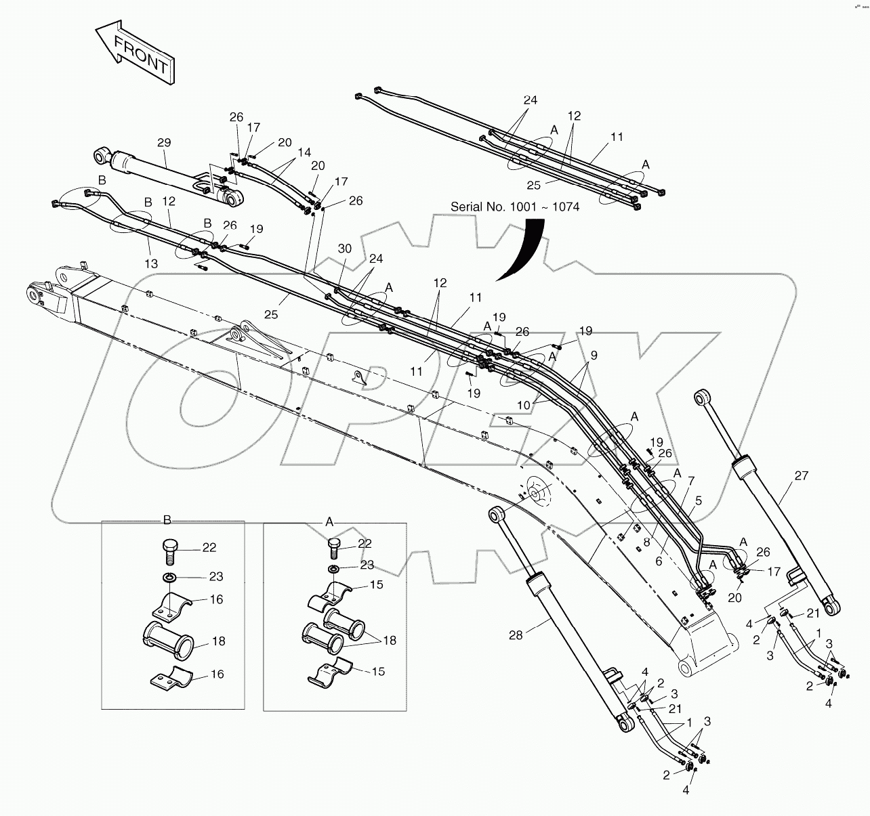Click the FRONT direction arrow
136,52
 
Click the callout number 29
164,143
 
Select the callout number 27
801,476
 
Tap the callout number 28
516,636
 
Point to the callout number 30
345,249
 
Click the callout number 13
150,263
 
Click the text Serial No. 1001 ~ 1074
515,207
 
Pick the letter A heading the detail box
330,521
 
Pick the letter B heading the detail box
167,520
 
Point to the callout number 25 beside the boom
272,314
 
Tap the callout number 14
304,152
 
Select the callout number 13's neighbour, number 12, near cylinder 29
169,201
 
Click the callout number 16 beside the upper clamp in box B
217,599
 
